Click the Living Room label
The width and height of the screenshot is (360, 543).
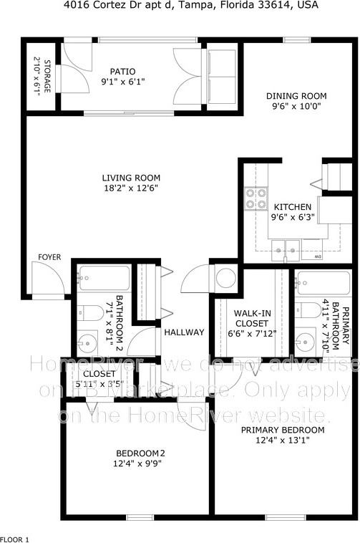click(x=130, y=178)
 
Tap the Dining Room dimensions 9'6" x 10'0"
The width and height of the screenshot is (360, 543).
click(x=296, y=107)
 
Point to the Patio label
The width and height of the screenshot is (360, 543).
click(x=122, y=71)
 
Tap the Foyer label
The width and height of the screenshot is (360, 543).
click(x=49, y=257)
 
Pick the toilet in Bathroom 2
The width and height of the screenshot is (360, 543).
click(x=90, y=312)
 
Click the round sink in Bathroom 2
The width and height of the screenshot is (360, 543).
click(x=88, y=340)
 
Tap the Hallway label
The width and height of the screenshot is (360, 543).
click(x=184, y=332)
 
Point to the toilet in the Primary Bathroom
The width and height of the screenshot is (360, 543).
click(x=308, y=309)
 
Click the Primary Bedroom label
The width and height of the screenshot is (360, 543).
click(x=282, y=430)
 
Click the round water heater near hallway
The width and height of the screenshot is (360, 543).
click(x=226, y=277)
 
